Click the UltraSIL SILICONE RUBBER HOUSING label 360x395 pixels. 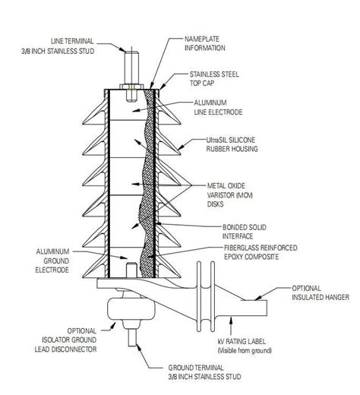[x=235, y=144]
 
